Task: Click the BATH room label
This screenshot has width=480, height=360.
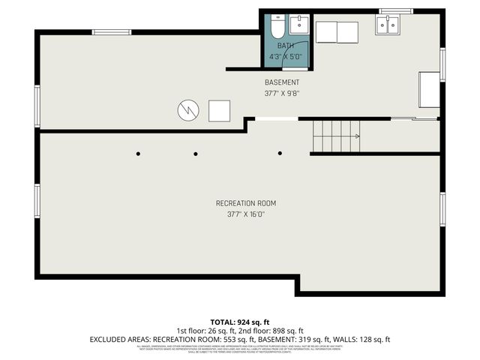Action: (x=286, y=46)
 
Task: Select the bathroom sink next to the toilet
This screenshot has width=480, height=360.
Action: (x=298, y=24)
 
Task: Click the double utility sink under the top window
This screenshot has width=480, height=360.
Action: (x=388, y=25)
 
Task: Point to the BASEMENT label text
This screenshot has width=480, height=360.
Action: (x=282, y=82)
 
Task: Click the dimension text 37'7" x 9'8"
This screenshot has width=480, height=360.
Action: (x=282, y=94)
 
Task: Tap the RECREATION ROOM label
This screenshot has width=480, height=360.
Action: (x=246, y=203)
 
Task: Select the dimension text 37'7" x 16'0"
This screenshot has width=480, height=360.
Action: (x=246, y=214)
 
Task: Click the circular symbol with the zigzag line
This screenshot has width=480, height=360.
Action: (x=187, y=110)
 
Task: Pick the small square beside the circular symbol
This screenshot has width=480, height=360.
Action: (x=219, y=110)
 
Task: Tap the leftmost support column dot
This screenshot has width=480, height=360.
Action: (x=138, y=154)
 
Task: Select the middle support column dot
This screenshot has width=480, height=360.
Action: (x=196, y=154)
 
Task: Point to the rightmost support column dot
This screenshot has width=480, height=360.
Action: (x=280, y=153)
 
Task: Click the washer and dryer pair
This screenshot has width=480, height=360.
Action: (x=337, y=32)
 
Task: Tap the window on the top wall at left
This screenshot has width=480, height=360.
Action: (x=111, y=31)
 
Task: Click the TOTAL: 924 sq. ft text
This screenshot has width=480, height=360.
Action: (x=240, y=322)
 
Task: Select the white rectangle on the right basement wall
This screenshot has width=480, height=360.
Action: (x=429, y=90)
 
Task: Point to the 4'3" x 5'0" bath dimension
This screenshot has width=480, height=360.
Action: (x=286, y=55)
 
